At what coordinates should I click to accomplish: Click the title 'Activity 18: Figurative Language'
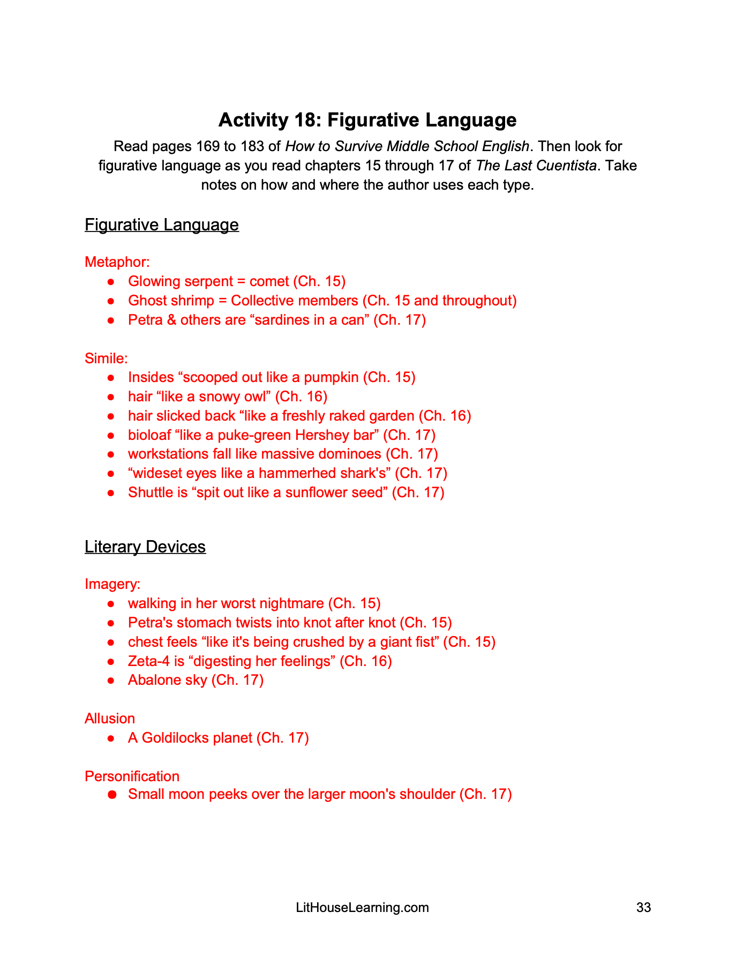coord(367,120)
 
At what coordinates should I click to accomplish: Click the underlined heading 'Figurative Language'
coord(161,225)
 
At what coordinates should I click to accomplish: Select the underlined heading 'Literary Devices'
coord(145,547)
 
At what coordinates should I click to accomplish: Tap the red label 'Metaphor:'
coord(117,262)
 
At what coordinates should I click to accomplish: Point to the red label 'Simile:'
coord(106,358)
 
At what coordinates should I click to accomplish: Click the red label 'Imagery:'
coord(112,584)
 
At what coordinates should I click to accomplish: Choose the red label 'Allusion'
coord(110,719)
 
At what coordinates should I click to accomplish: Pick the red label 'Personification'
coord(132,776)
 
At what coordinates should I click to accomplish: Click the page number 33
coord(643,907)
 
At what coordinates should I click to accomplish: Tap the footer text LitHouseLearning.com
coord(362,907)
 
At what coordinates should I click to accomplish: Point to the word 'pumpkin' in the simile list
coord(331,377)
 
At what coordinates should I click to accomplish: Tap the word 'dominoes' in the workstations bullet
coord(350,454)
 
